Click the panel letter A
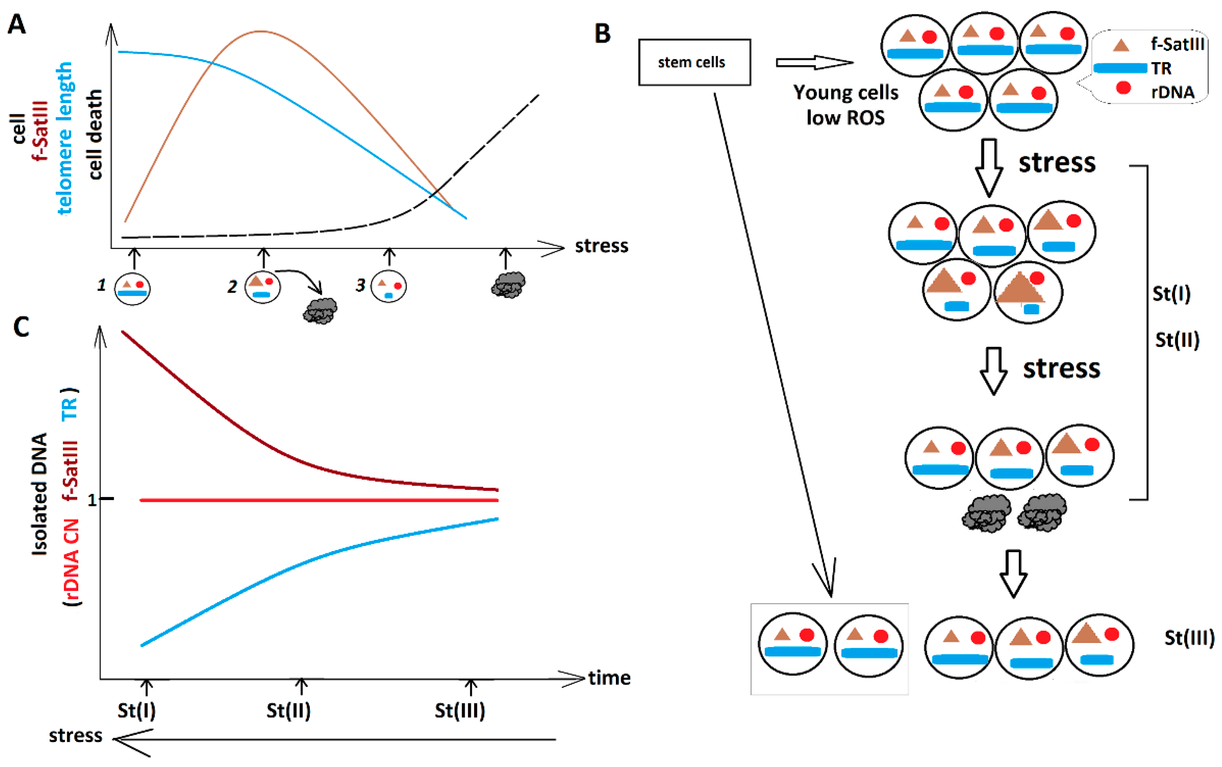tap(17, 24)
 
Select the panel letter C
tap(21, 327)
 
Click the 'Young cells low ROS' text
tap(845, 105)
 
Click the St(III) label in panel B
tap(1189, 638)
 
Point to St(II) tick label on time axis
tap(288, 711)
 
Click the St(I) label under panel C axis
tap(136, 711)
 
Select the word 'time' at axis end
tap(609, 678)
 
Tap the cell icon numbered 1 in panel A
tap(132, 288)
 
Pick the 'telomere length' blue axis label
tap(64, 138)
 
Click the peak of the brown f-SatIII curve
tap(260, 32)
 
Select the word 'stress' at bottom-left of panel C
tap(75, 735)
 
